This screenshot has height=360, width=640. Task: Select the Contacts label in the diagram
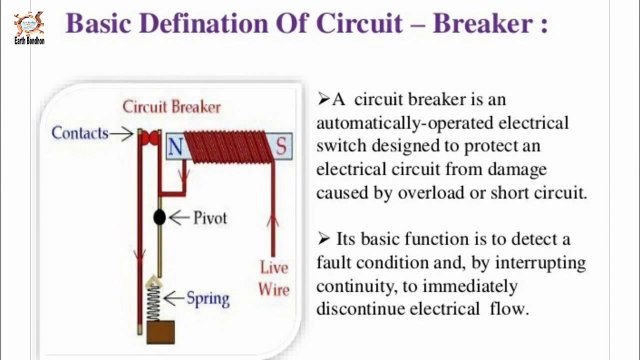pyautogui.click(x=79, y=132)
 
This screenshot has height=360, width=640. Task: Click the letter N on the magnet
pyautogui.click(x=176, y=148)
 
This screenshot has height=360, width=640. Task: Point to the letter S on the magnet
pyautogui.click(x=281, y=148)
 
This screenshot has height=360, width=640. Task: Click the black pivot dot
pyautogui.click(x=159, y=216)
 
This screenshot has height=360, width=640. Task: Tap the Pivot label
pyautogui.click(x=213, y=217)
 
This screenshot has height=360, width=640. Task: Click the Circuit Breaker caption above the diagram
pyautogui.click(x=171, y=106)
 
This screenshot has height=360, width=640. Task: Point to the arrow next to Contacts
pyautogui.click(x=122, y=133)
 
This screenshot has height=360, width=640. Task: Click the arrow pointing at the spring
pyautogui.click(x=176, y=297)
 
